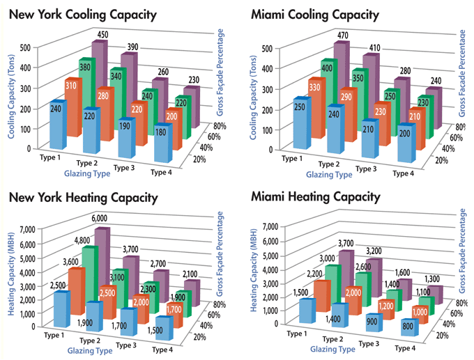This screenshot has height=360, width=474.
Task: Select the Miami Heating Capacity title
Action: tap(319, 197)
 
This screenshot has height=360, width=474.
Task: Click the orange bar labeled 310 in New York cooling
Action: tap(71, 111)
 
